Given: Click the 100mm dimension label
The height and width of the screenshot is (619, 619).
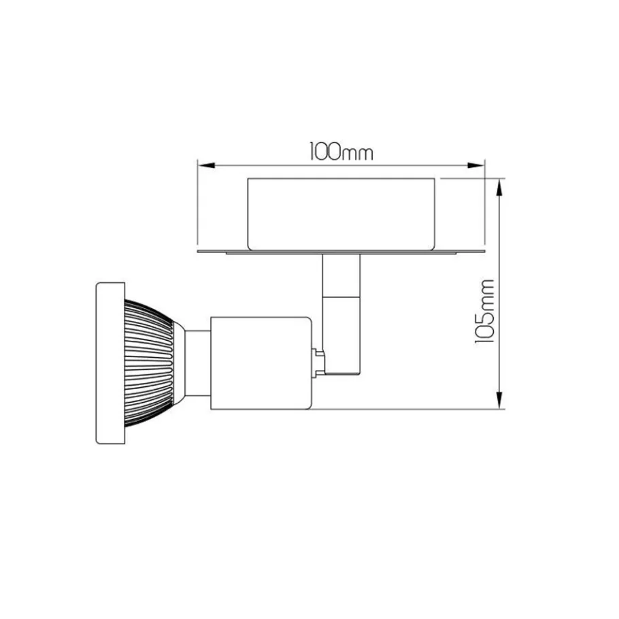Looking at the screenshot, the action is (x=341, y=152).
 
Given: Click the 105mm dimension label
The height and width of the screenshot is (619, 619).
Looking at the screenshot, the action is (x=484, y=311).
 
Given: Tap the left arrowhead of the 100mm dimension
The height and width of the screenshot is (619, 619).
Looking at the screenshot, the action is (x=206, y=165).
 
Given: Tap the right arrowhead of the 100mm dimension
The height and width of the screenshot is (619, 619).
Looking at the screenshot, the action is (x=475, y=165).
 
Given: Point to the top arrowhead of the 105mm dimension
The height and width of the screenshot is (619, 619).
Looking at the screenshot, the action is (x=500, y=187).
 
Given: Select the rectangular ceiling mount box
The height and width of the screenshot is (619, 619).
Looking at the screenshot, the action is (x=341, y=214).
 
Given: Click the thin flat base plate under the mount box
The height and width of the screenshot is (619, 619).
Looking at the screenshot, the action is (x=341, y=252).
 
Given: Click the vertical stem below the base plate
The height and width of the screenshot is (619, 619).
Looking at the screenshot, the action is (x=341, y=275).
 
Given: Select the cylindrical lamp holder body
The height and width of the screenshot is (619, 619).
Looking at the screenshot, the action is (x=261, y=363).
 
